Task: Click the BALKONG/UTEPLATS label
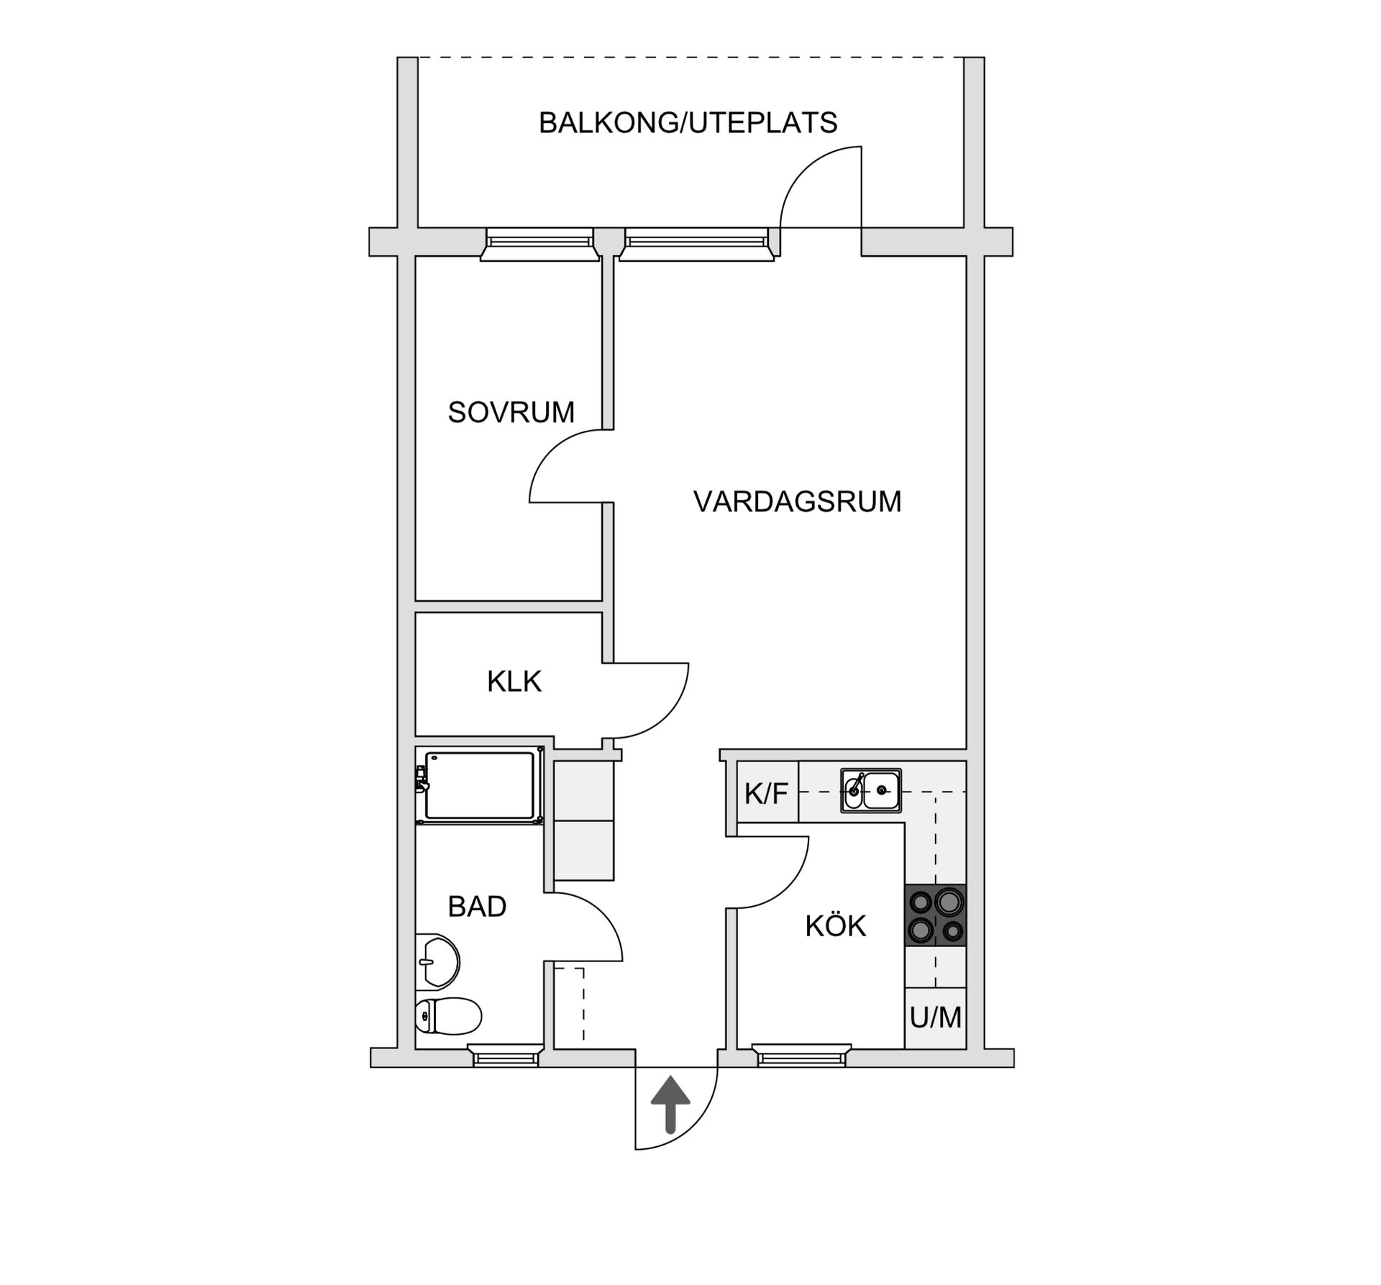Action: (x=688, y=123)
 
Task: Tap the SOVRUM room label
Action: (x=511, y=412)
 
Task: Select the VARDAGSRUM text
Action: (x=797, y=501)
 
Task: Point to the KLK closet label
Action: (x=514, y=681)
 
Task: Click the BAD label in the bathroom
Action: (x=477, y=906)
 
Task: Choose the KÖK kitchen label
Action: (x=835, y=926)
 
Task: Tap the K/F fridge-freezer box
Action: (x=767, y=793)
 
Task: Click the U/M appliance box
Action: (x=935, y=1018)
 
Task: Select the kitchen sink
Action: (x=871, y=791)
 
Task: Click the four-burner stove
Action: (x=935, y=915)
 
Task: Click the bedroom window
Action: (x=539, y=242)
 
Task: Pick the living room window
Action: (x=696, y=242)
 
